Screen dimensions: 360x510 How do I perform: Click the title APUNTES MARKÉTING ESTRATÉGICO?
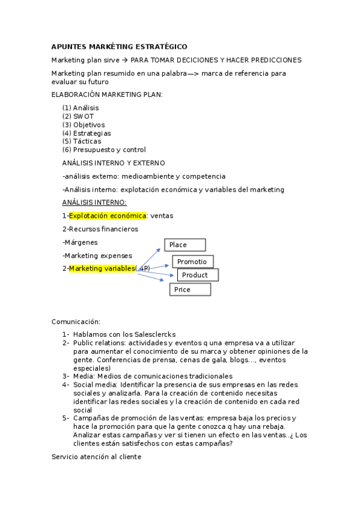click(119, 46)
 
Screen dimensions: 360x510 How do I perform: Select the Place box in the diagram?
click(185, 245)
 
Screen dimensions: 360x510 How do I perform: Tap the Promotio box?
click(193, 262)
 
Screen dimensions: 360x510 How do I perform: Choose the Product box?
click(198, 275)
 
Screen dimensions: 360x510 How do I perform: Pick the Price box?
click(190, 289)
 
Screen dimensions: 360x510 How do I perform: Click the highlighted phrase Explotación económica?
click(108, 215)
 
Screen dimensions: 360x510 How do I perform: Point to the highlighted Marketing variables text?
click(102, 268)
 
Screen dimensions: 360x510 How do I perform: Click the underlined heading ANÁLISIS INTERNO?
click(94, 202)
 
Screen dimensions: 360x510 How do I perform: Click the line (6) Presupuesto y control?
click(104, 150)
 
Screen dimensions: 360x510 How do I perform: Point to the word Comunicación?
click(76, 322)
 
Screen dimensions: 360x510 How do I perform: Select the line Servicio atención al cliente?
click(96, 456)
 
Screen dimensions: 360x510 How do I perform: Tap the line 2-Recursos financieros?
click(100, 229)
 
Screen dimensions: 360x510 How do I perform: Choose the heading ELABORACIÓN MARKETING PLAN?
click(107, 94)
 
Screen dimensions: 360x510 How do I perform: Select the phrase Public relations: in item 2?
click(100, 343)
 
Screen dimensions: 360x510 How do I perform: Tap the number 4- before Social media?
click(66, 384)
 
